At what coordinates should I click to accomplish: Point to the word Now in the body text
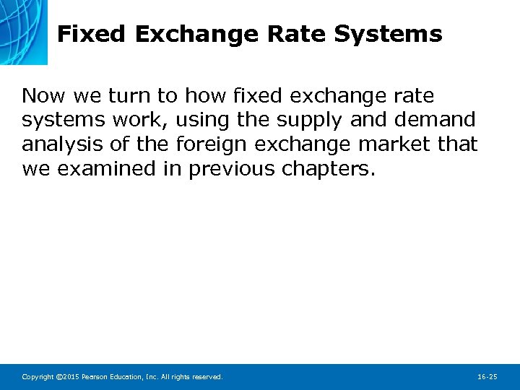(x=42, y=96)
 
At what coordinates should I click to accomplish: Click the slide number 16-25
(x=487, y=377)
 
